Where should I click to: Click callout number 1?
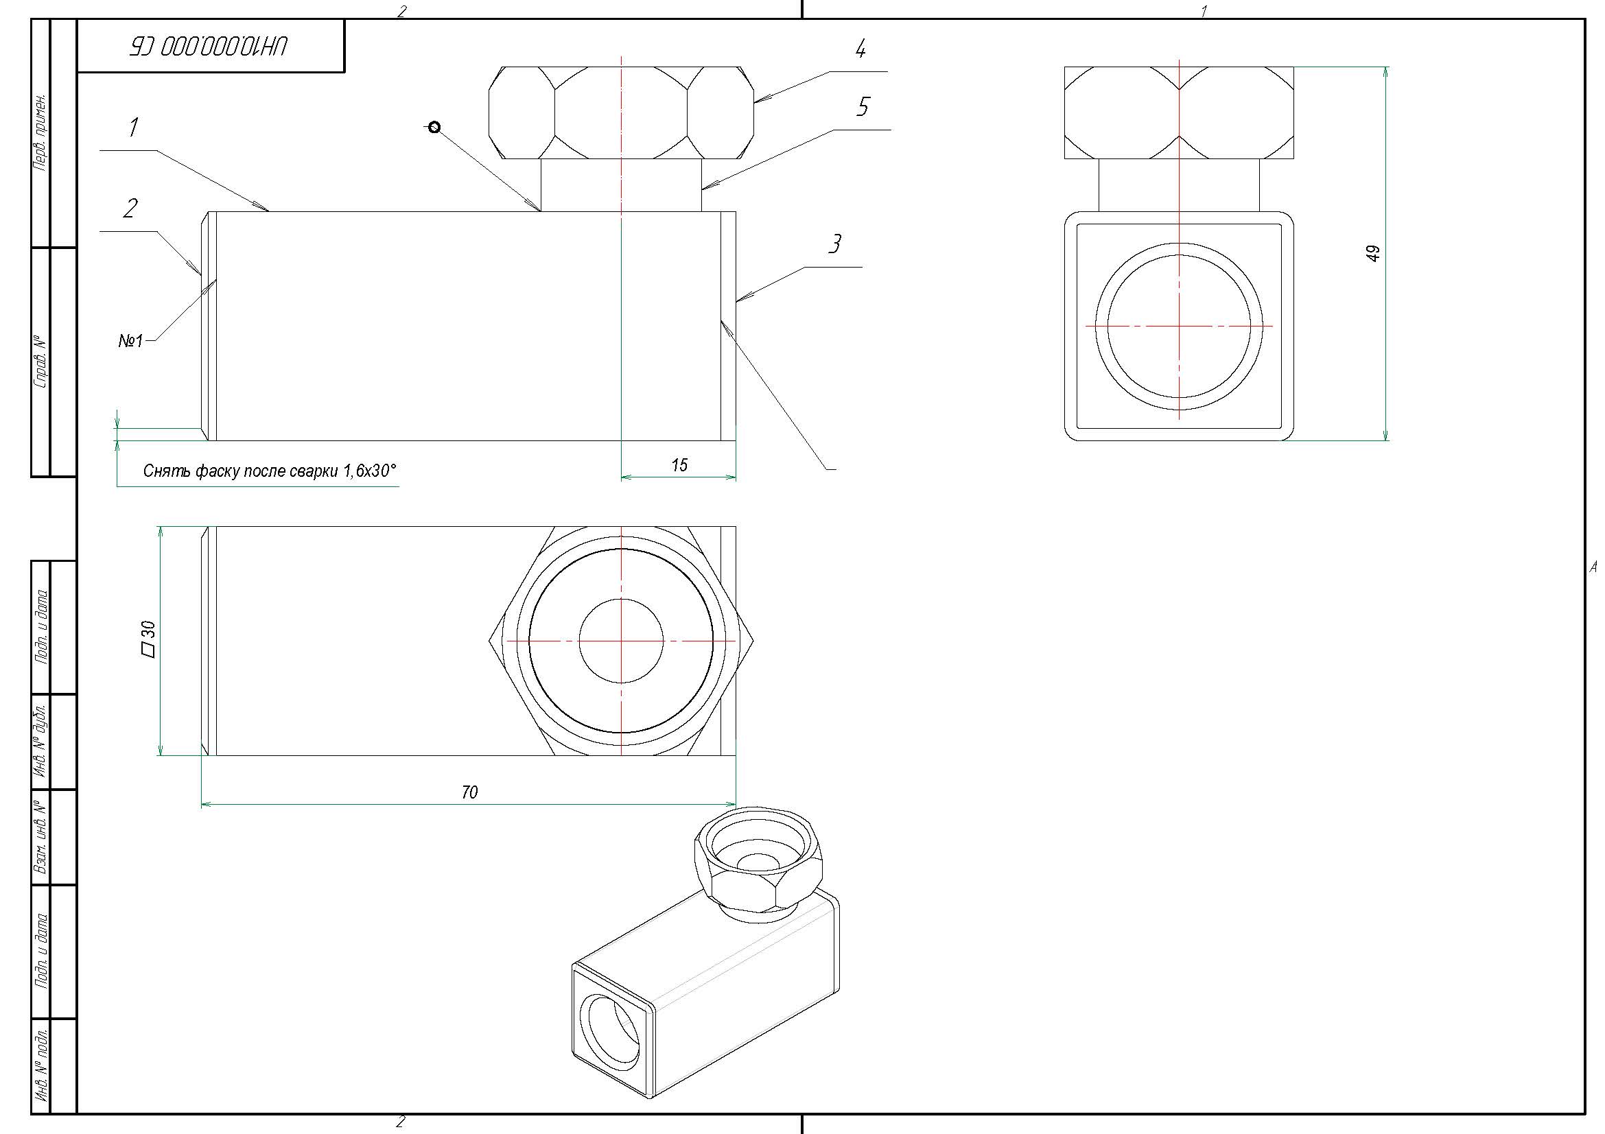click(x=134, y=128)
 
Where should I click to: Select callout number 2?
click(x=130, y=209)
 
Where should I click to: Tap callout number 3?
click(x=834, y=244)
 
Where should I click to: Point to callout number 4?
click(x=860, y=49)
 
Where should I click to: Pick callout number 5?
click(x=863, y=107)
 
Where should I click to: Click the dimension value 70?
click(x=470, y=792)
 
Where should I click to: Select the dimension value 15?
click(x=679, y=465)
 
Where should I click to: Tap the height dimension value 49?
click(x=1373, y=253)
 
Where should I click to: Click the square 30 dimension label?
click(x=148, y=639)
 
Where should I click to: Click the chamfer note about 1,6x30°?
click(x=269, y=471)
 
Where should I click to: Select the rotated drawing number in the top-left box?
click(x=209, y=47)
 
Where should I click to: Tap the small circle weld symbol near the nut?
click(x=434, y=127)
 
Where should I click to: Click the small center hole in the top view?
click(x=621, y=641)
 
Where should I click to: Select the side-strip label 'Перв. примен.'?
click(x=41, y=133)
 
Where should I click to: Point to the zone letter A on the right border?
click(x=1593, y=567)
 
